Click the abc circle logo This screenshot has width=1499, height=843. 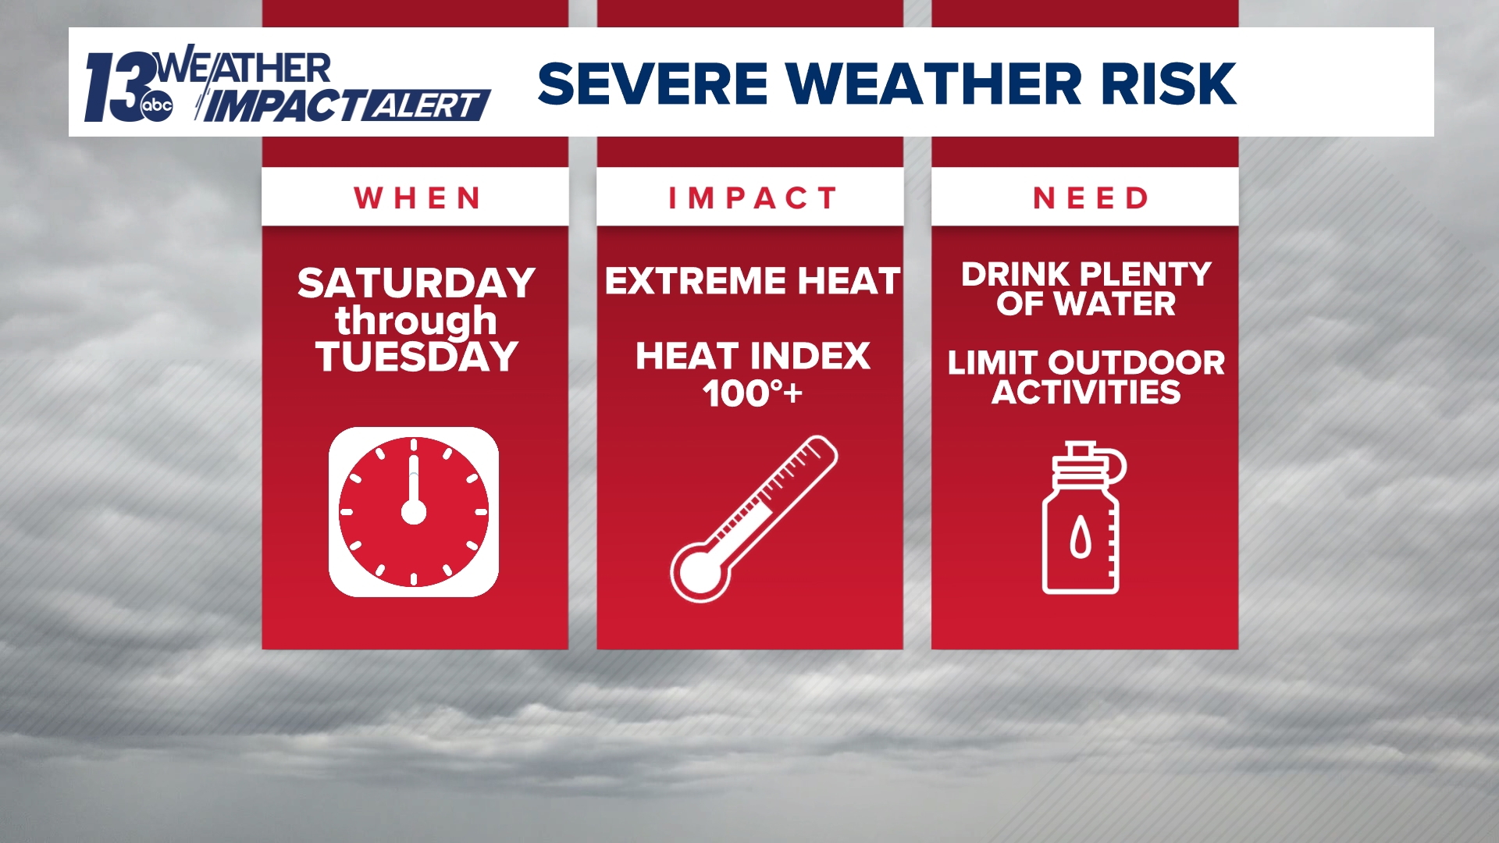[157, 106]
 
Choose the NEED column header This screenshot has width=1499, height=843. [1091, 198]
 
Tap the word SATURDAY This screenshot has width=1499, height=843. [416, 283]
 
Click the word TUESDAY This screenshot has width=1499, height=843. [416, 357]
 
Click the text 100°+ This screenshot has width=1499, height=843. [751, 393]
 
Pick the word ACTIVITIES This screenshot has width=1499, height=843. [1086, 393]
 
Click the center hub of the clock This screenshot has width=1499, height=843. [414, 513]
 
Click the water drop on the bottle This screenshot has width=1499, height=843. [1081, 538]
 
